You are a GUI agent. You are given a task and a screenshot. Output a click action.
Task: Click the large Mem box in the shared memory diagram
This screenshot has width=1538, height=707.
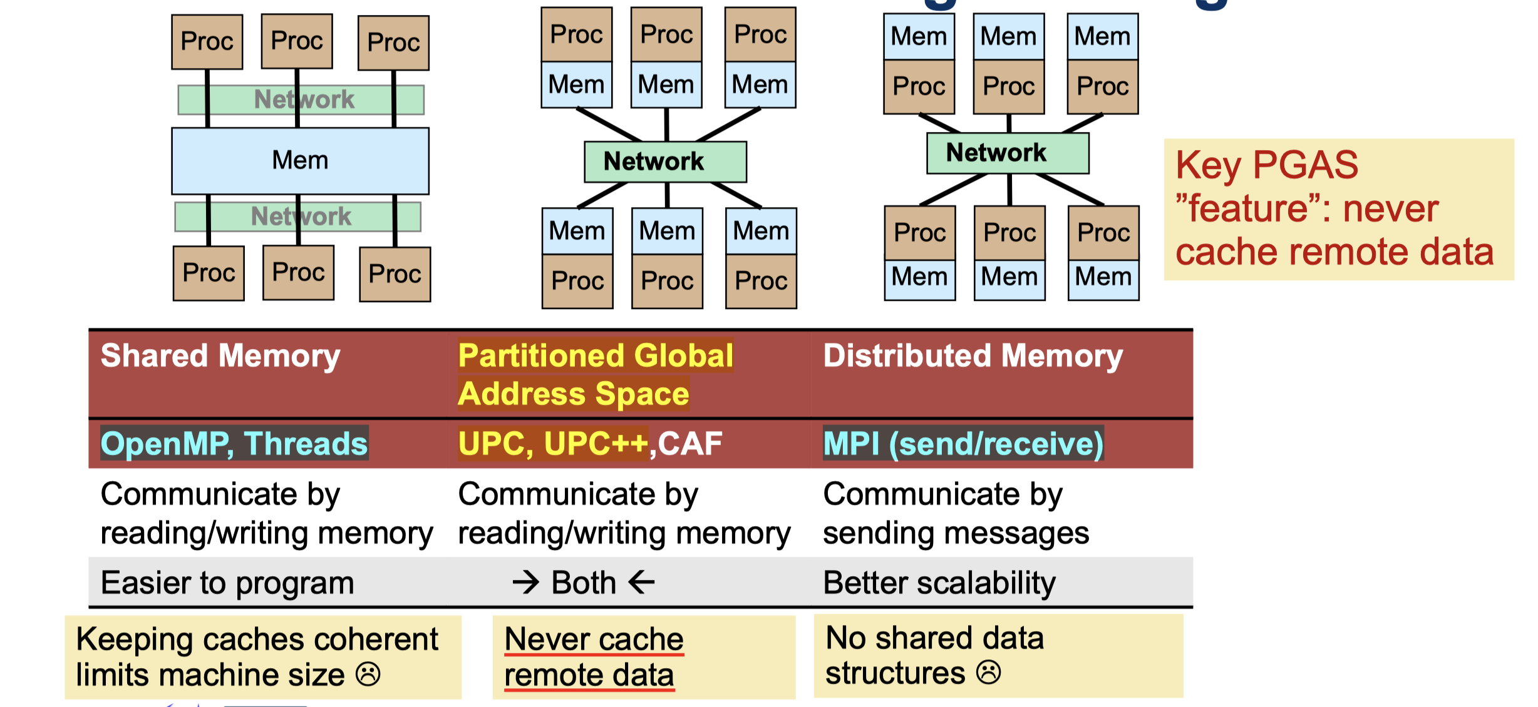(x=300, y=161)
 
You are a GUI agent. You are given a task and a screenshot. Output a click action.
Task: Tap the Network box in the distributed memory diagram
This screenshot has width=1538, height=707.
(x=1007, y=153)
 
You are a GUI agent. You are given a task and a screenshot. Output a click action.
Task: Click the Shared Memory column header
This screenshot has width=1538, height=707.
(x=220, y=356)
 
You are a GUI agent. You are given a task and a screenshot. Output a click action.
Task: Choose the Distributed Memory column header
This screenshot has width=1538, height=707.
(x=973, y=356)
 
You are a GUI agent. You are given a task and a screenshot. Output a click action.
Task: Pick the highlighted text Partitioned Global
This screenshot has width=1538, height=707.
(x=596, y=356)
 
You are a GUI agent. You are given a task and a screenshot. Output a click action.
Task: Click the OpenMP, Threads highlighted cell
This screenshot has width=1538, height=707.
(x=234, y=444)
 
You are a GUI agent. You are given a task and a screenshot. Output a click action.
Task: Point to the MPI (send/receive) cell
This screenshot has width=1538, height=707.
(x=963, y=444)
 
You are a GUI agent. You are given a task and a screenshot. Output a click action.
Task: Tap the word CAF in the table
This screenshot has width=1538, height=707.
(x=689, y=444)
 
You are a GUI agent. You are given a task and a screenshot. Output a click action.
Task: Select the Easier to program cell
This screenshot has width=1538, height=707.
(x=227, y=583)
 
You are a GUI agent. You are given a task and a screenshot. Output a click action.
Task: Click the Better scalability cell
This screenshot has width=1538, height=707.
(x=939, y=583)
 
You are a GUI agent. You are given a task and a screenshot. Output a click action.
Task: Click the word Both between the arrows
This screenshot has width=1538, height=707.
(x=584, y=583)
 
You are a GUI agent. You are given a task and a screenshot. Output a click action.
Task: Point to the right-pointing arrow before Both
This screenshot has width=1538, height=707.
(x=526, y=583)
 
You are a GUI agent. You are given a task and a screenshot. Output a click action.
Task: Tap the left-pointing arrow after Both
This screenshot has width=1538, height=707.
(x=641, y=583)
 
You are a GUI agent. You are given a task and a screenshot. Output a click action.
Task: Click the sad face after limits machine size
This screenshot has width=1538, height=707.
(x=368, y=674)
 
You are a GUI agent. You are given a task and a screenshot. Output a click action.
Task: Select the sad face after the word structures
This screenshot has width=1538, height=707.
(x=989, y=673)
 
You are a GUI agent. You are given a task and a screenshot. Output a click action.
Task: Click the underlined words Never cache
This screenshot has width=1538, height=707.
(x=594, y=639)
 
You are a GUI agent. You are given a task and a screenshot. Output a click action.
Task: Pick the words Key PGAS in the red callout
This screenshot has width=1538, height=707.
(x=1267, y=165)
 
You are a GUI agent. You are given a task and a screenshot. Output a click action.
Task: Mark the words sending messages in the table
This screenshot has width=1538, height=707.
(x=956, y=534)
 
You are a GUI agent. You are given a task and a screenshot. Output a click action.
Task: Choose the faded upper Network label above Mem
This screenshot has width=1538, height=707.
(x=304, y=99)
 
